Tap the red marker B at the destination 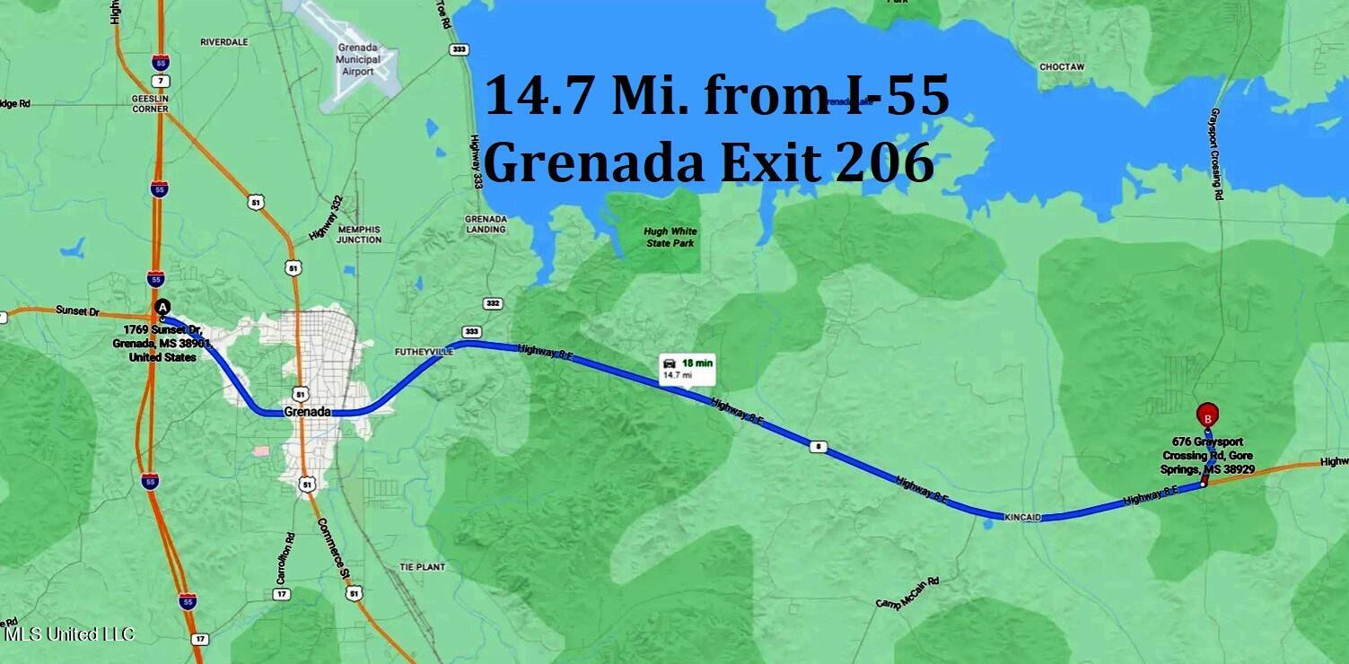[x=1208, y=415]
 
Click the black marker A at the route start [x=162, y=307]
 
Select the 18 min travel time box [x=688, y=368]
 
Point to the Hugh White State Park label [x=670, y=237]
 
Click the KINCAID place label [x=1021, y=518]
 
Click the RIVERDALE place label [x=223, y=42]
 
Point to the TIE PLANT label [x=417, y=568]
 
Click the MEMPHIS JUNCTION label [x=359, y=234]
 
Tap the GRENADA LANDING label [x=486, y=224]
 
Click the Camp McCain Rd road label [x=907, y=593]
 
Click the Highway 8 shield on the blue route [x=816, y=446]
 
